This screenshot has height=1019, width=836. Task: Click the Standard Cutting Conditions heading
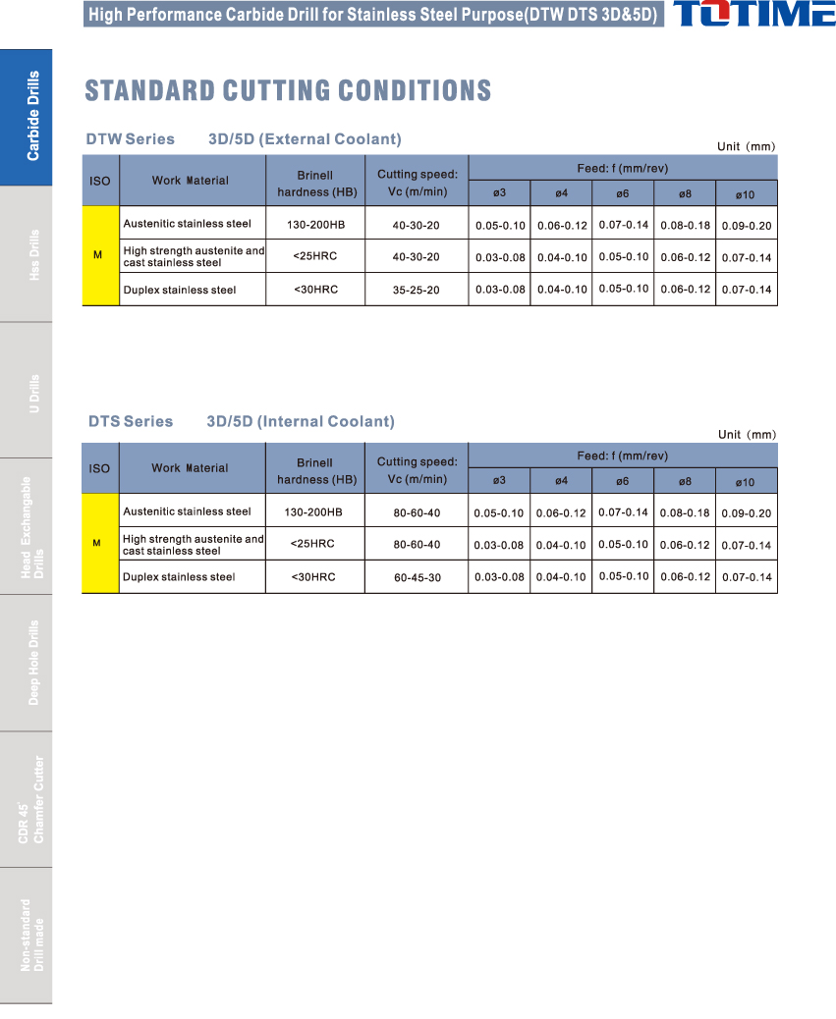click(288, 91)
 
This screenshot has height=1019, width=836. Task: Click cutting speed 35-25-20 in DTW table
click(416, 291)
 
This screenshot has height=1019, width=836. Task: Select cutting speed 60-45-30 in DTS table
click(417, 577)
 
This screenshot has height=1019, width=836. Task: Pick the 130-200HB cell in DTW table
click(315, 225)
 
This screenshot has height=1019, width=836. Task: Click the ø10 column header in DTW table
click(745, 195)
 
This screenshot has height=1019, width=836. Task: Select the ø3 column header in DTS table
click(499, 481)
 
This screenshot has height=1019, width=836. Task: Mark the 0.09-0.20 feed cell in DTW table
click(747, 226)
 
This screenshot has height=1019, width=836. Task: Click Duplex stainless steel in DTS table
click(179, 577)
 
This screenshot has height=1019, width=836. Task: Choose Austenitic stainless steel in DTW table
click(187, 224)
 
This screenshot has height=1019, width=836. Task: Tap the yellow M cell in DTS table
click(98, 543)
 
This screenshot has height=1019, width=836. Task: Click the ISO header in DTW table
click(99, 181)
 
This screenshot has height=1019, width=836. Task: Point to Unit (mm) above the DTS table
click(747, 434)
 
